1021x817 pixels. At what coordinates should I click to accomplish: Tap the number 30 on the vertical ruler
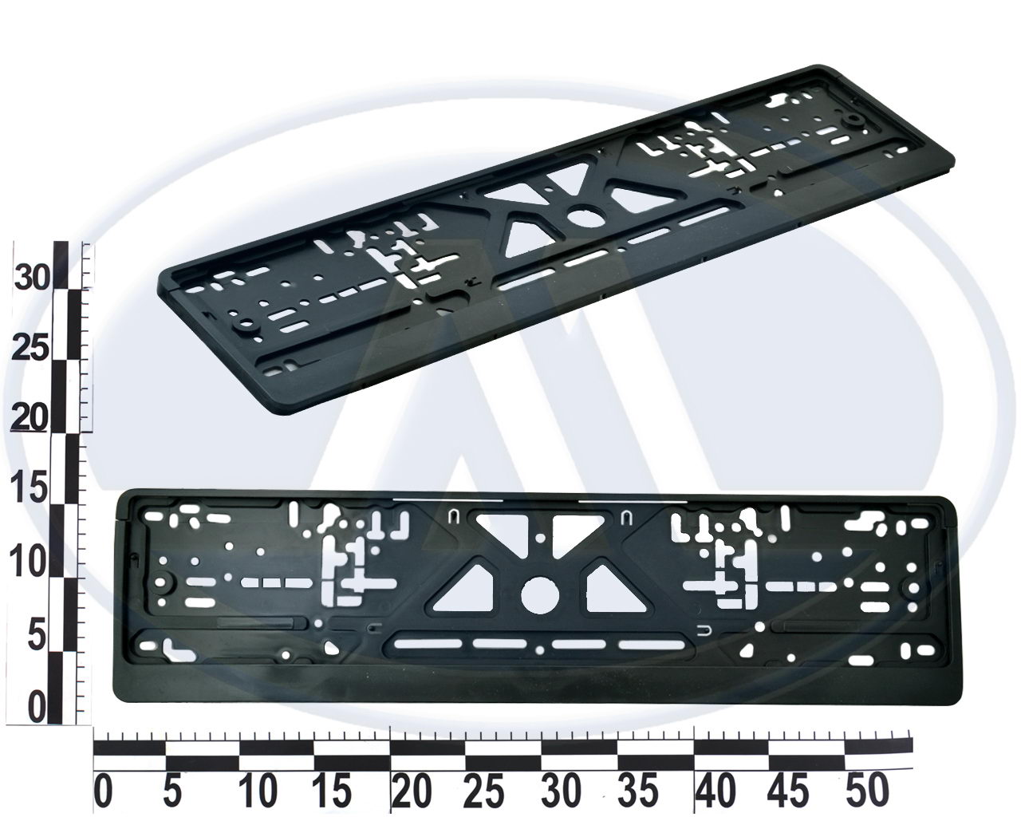coord(32,278)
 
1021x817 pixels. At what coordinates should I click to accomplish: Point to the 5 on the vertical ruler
coord(37,636)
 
